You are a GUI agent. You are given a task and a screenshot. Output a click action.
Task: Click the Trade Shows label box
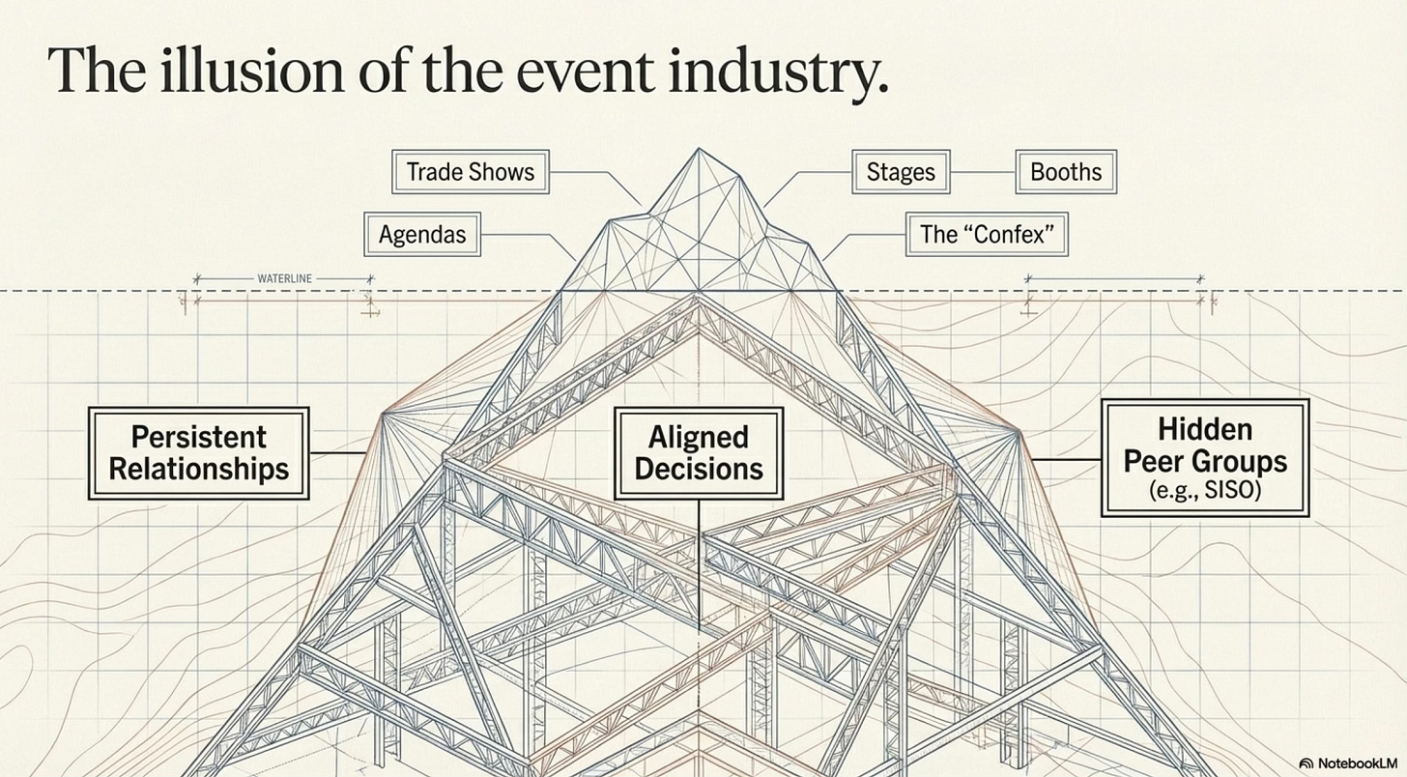click(471, 172)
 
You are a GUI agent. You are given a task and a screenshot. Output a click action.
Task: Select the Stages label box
click(901, 172)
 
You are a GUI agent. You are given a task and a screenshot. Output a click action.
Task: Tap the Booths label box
click(1066, 172)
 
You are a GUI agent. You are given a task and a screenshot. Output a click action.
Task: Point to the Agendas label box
click(422, 234)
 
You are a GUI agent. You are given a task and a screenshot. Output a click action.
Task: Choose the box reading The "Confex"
click(987, 234)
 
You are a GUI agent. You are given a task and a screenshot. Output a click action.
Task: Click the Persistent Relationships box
click(199, 453)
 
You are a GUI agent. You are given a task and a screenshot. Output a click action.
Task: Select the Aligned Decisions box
click(699, 453)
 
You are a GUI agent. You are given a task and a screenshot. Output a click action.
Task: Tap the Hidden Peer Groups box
click(1205, 458)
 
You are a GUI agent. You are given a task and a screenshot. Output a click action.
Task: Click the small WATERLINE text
click(285, 278)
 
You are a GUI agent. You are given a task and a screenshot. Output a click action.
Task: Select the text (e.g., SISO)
click(1205, 491)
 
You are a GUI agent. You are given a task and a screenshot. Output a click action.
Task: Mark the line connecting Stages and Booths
click(983, 172)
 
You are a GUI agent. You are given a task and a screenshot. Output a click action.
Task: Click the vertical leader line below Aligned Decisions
click(699, 561)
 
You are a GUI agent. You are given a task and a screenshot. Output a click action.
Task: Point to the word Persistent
click(199, 436)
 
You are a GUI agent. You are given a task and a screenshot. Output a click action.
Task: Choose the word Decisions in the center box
click(699, 470)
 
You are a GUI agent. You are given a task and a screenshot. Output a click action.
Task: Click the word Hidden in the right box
click(1205, 428)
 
